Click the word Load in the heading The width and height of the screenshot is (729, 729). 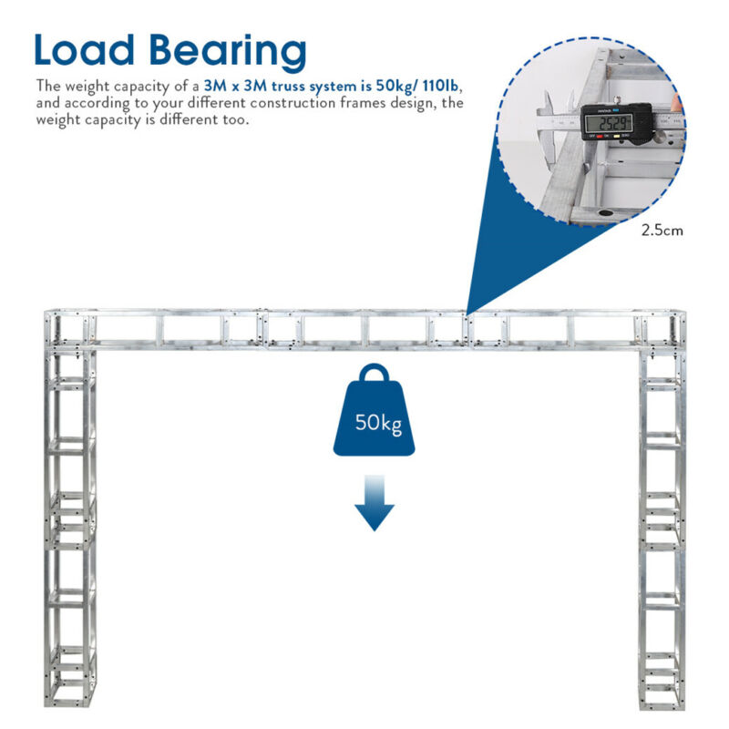84,49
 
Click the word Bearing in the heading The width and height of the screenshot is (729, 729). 228,53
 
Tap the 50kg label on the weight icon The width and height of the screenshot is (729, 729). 378,423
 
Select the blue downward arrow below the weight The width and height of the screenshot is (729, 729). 375,503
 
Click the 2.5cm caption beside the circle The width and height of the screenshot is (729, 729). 662,231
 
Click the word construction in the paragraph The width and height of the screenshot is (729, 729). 293,103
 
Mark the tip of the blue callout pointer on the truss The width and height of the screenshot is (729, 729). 467,314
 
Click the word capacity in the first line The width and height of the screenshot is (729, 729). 141,87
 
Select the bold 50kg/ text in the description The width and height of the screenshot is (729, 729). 396,87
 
